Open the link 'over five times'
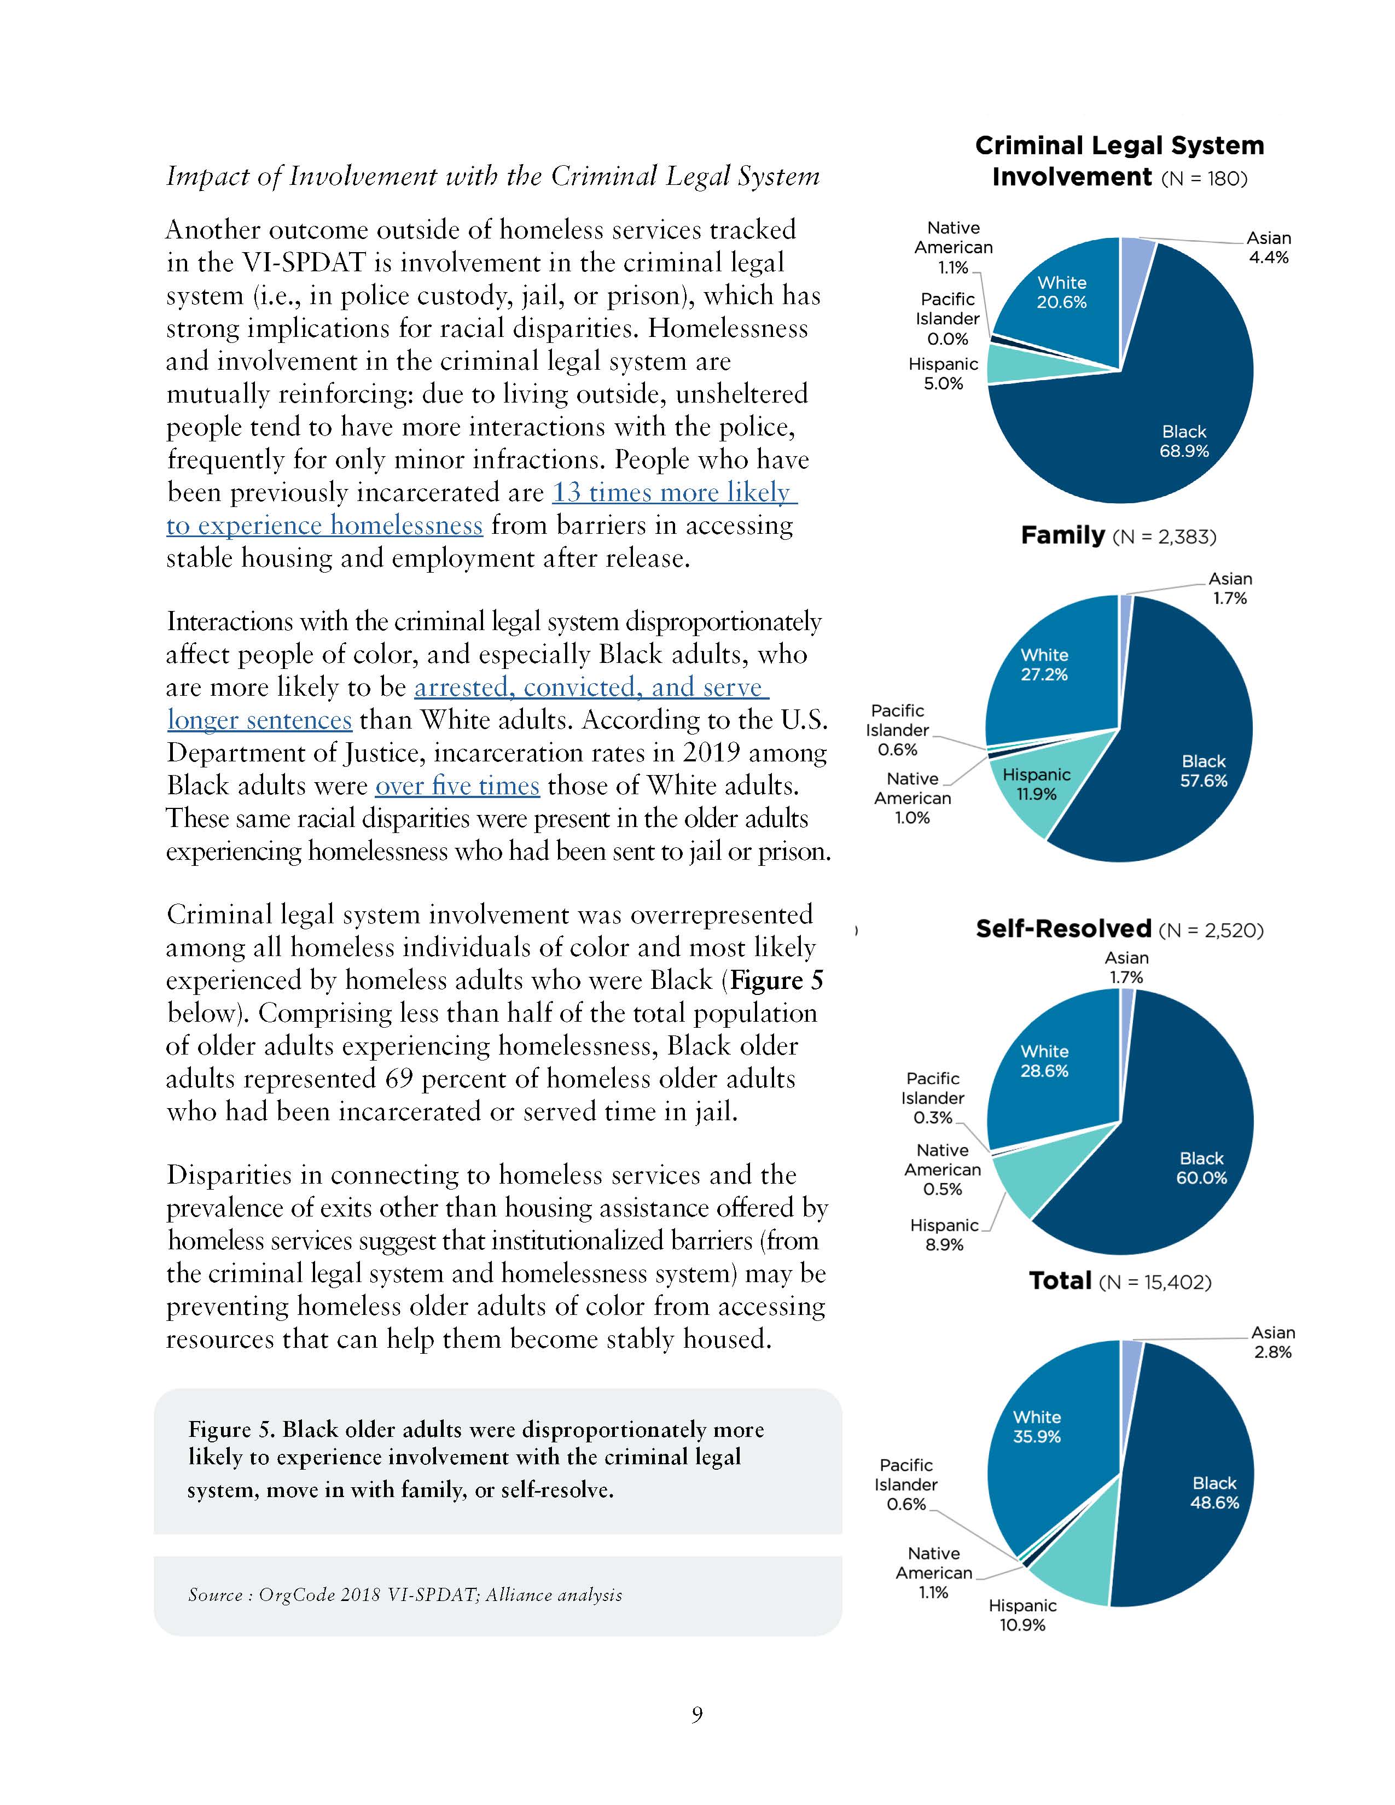tap(457, 785)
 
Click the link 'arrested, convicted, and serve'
tap(591, 687)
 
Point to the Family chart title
tap(1118, 535)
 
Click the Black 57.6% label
tap(1204, 770)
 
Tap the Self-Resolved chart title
tap(1119, 929)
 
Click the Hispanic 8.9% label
tap(944, 1235)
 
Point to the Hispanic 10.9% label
tap(1022, 1615)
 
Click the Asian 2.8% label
tap(1272, 1342)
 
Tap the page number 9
tap(696, 1715)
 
